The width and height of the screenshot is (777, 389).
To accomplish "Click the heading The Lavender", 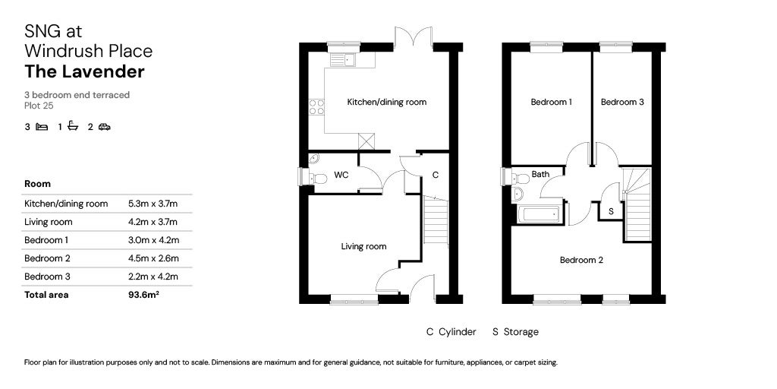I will pos(84,72).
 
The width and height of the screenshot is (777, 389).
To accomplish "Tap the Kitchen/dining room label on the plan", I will pos(386,102).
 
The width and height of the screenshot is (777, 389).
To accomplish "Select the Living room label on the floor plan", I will pos(363,246).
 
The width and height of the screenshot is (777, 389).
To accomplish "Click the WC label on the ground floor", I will pos(341,175).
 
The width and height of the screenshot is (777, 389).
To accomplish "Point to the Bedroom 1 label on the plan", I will pos(551,102).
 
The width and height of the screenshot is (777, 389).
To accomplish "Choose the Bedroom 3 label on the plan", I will pos(622,102).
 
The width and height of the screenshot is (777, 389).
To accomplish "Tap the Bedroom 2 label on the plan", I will pos(581,260).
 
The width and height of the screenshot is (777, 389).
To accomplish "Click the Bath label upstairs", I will pos(540,174).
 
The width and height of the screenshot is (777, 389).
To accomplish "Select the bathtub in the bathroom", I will pos(540,213).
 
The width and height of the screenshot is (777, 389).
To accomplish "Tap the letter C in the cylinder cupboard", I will pos(435,175).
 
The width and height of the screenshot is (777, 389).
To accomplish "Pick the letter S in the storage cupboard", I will pos(611,210).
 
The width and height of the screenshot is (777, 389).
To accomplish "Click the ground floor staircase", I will pos(435,220).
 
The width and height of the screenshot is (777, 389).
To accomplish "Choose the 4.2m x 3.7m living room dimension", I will pos(153,222).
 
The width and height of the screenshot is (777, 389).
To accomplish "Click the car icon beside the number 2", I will pos(104,127).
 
